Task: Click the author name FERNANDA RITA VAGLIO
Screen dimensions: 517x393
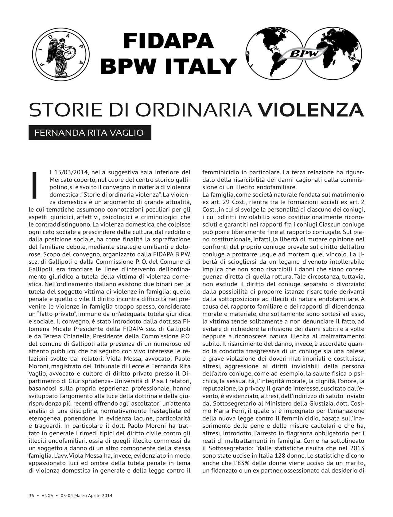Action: (89, 133)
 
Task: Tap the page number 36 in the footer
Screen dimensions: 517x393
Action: (31, 496)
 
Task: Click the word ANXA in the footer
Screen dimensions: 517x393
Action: (47, 496)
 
